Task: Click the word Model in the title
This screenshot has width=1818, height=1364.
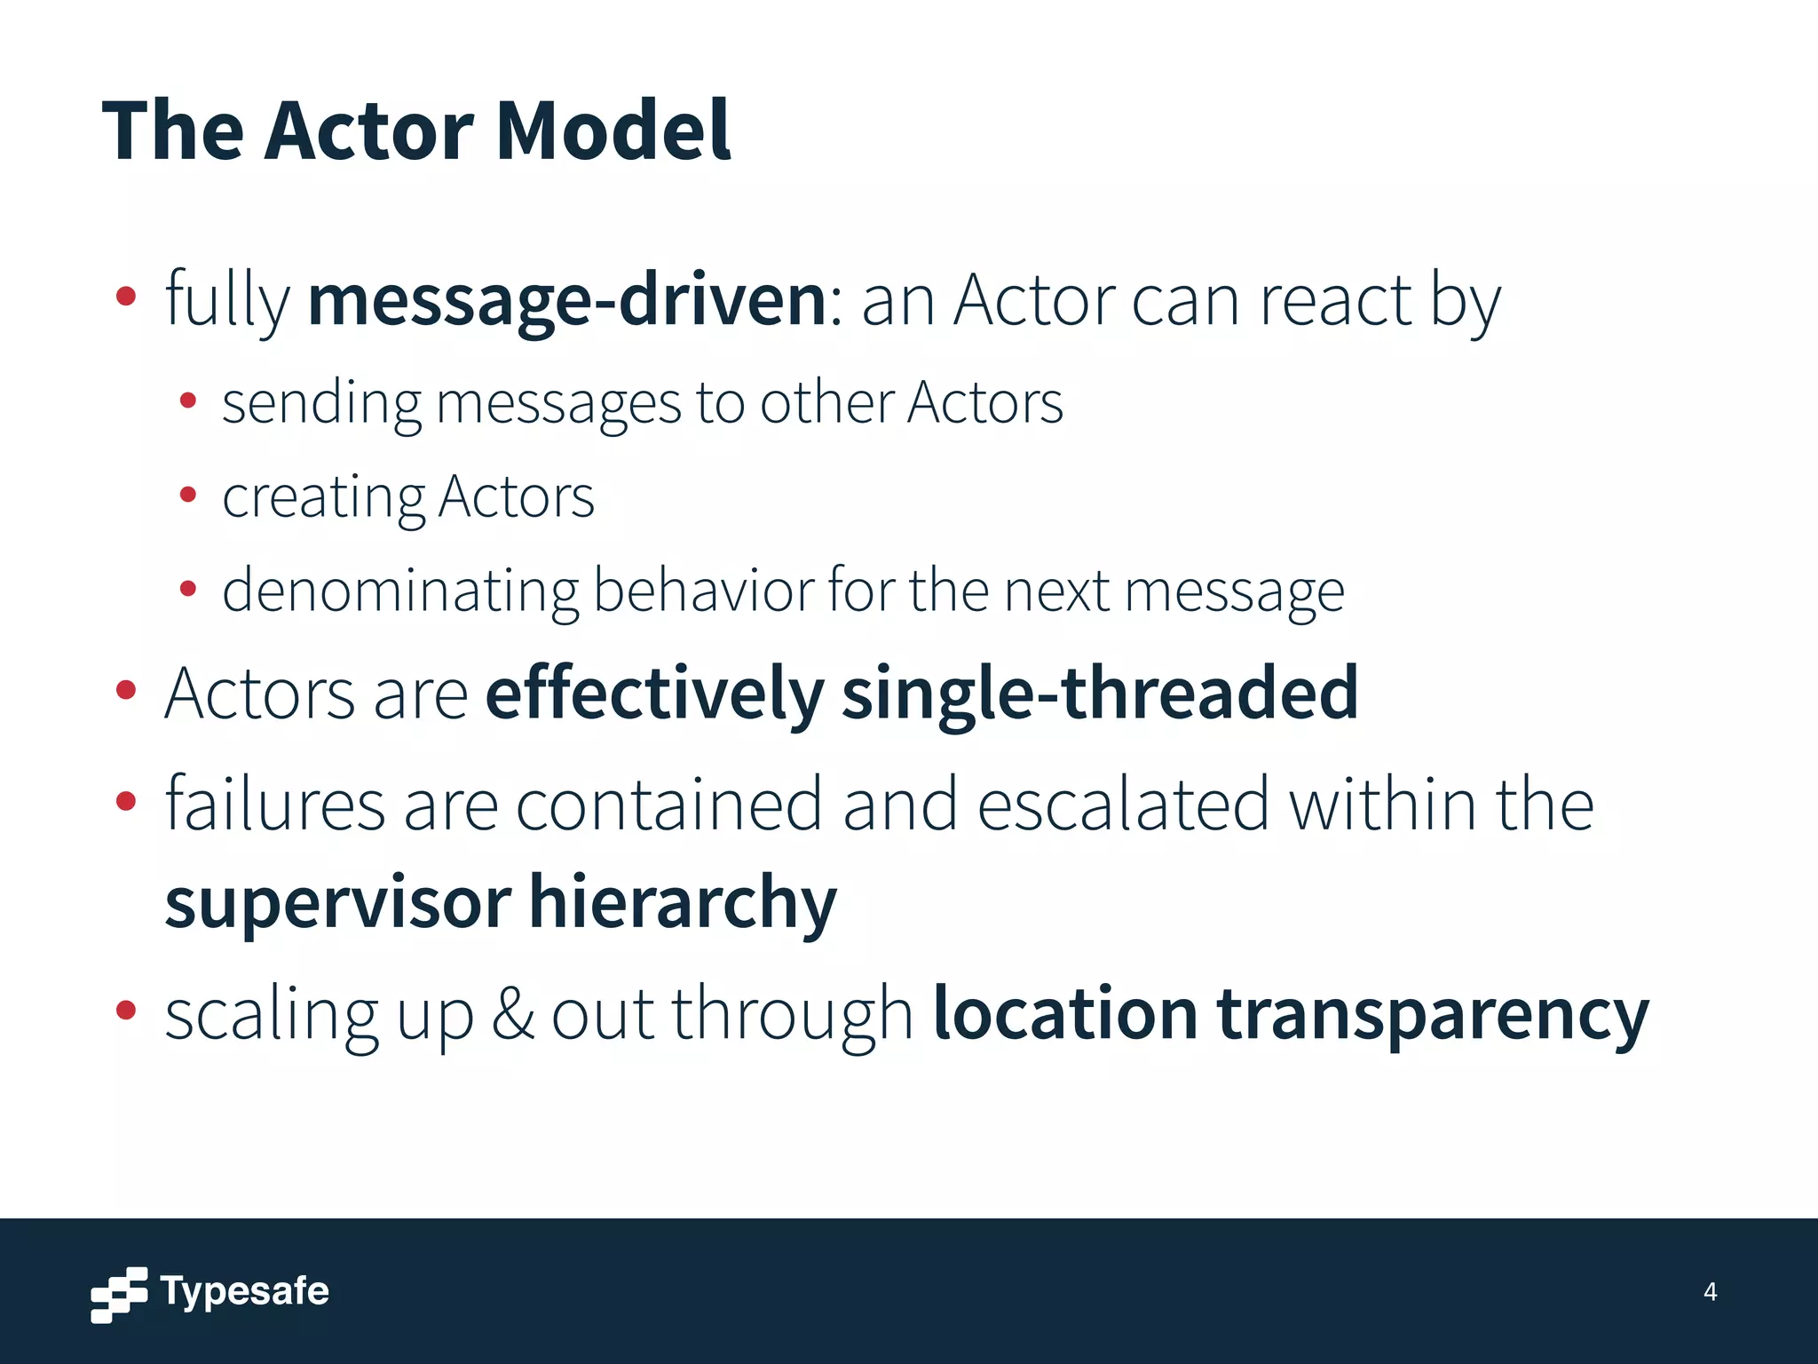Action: (x=613, y=131)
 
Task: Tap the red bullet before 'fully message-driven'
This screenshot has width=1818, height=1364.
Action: (x=126, y=297)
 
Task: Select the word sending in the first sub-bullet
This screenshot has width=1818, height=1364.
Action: (x=321, y=403)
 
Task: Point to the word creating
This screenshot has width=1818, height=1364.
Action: (x=323, y=497)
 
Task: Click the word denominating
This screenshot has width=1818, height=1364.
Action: (x=399, y=591)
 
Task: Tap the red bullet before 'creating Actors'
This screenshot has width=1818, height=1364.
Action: (x=187, y=495)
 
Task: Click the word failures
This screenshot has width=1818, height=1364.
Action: (x=275, y=804)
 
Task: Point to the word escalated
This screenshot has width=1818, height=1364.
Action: (x=1123, y=804)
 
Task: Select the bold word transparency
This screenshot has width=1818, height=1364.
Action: (x=1431, y=1014)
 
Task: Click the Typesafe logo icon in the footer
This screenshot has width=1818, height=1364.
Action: (x=119, y=1294)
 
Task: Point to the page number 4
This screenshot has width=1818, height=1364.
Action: (x=1710, y=1292)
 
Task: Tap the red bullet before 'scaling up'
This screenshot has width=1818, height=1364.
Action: (x=126, y=1010)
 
